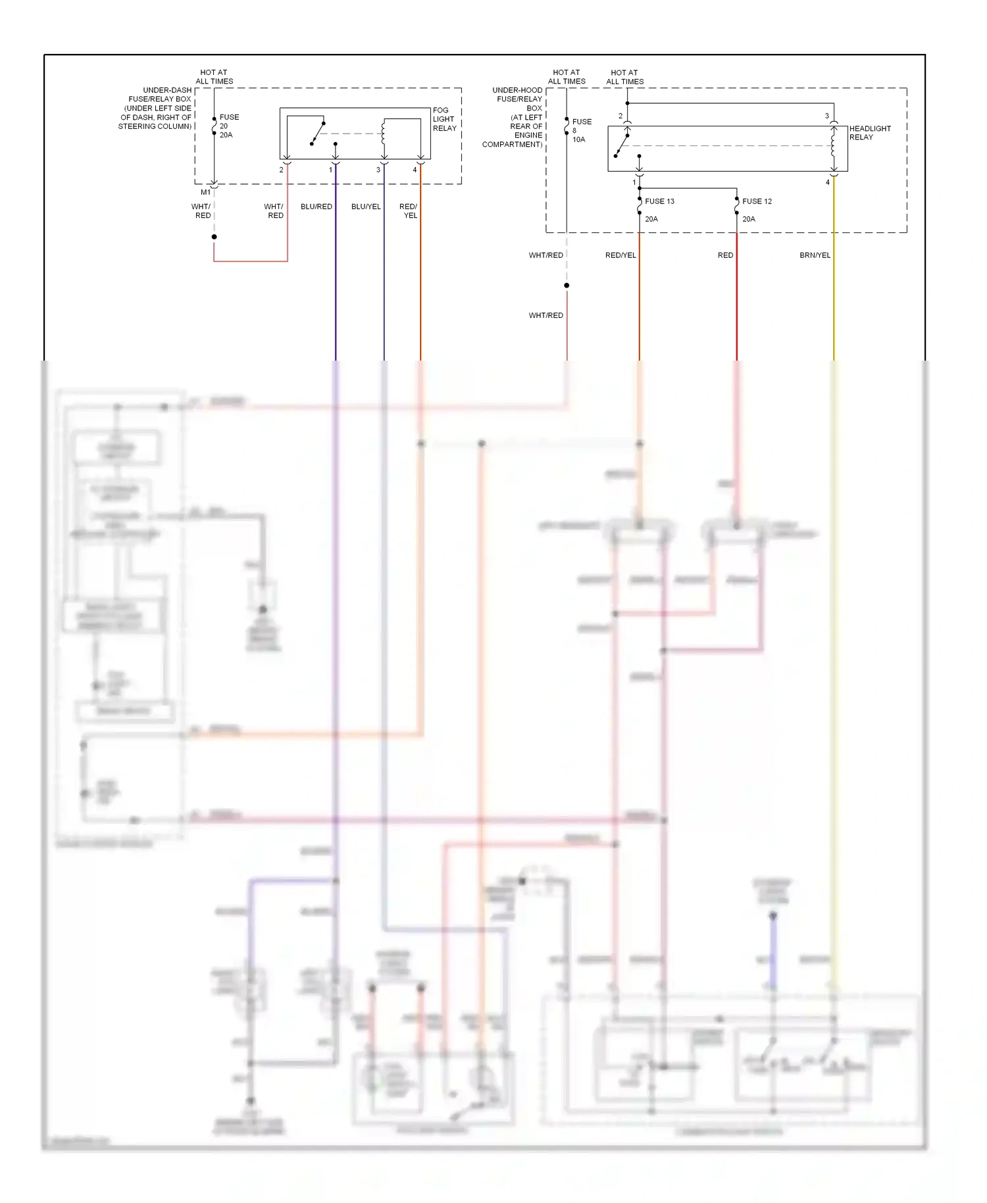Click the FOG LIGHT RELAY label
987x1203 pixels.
[x=444, y=119]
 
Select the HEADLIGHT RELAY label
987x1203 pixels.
[x=869, y=133]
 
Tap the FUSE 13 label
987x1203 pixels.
[x=659, y=201]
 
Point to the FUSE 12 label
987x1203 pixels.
[x=757, y=201]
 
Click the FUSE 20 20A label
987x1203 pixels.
[x=228, y=126]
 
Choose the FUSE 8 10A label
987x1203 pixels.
[x=581, y=130]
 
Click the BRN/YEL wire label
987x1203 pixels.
[x=815, y=255]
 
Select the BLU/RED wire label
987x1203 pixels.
[x=316, y=207]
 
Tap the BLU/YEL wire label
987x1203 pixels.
[x=366, y=207]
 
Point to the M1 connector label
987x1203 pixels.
[x=206, y=192]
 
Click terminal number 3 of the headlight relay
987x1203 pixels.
[x=827, y=116]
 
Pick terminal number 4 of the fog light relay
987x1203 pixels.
[x=415, y=170]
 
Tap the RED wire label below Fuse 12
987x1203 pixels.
[x=725, y=255]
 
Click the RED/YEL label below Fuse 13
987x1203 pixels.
[x=620, y=255]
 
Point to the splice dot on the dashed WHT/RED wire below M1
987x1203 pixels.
[x=214, y=237]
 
